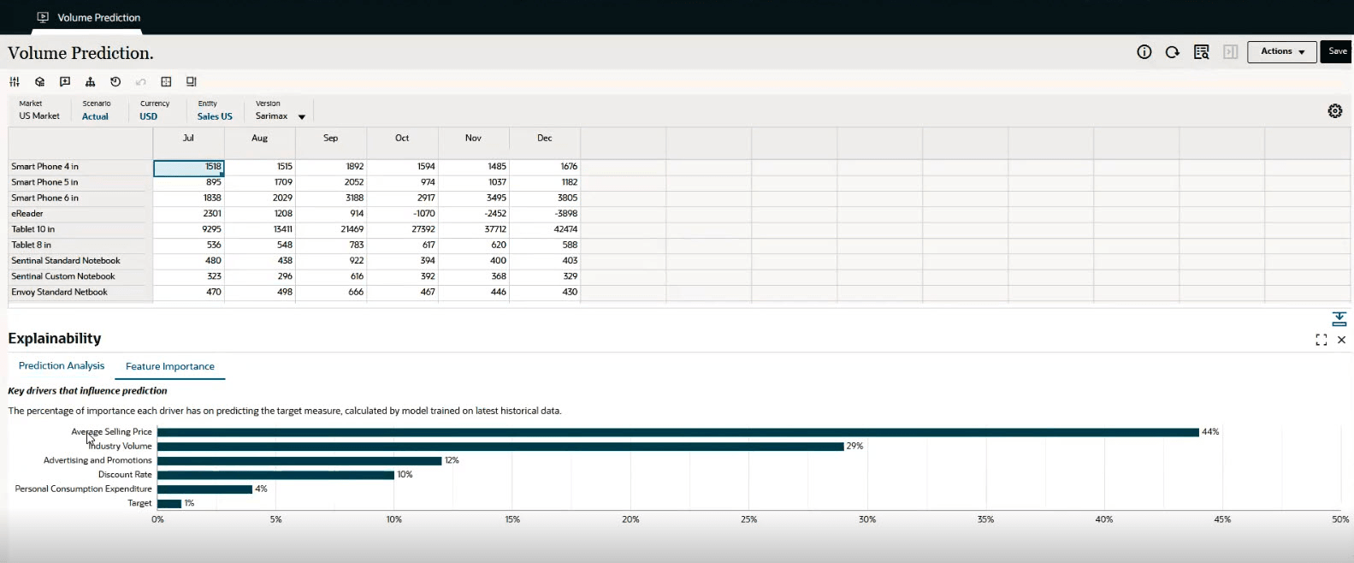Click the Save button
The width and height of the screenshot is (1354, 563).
pos(1337,51)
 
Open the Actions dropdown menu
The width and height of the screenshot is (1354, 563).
pos(1281,51)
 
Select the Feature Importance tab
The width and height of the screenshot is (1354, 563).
pos(169,366)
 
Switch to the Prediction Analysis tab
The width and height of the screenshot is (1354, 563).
pos(62,365)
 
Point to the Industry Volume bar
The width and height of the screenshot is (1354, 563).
pos(500,447)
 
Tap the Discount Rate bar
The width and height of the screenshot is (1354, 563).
pos(275,475)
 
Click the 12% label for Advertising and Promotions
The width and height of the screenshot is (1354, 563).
pos(452,460)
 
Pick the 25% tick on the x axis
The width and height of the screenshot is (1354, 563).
pos(748,519)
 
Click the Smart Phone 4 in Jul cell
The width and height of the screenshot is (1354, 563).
pos(189,167)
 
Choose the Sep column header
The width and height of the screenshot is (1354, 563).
pos(330,138)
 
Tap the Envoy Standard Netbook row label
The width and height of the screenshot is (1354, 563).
pos(59,293)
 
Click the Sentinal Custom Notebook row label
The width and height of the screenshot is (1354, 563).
pos(62,276)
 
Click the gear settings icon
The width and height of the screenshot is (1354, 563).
pos(1334,111)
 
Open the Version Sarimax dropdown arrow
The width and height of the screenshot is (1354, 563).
pos(302,117)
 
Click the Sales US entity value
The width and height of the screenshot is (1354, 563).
pos(215,116)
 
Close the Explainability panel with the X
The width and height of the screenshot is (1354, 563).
pos(1341,340)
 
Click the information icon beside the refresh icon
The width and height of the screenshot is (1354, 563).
pos(1144,52)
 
